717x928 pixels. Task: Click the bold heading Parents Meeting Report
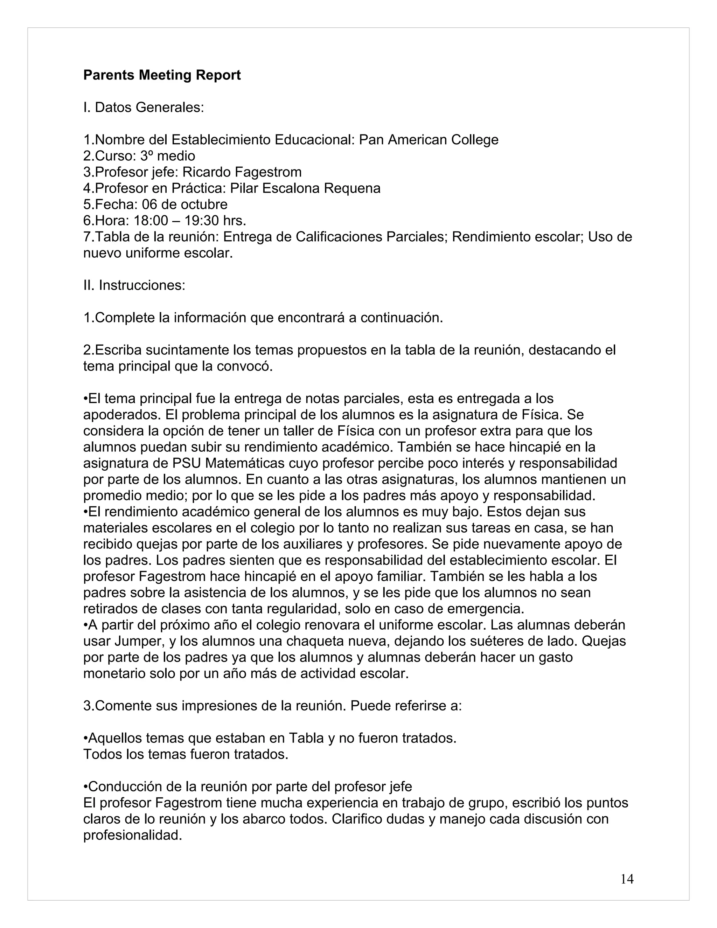pyautogui.click(x=162, y=75)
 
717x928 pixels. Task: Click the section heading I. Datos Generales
pyautogui.click(x=144, y=108)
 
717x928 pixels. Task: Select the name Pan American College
pyautogui.click(x=429, y=140)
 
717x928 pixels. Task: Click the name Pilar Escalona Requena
pyautogui.click(x=305, y=188)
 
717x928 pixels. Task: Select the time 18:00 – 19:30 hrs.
pyautogui.click(x=190, y=221)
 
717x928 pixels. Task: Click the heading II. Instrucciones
pyautogui.click(x=134, y=285)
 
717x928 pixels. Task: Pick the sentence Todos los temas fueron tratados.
pyautogui.click(x=186, y=754)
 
